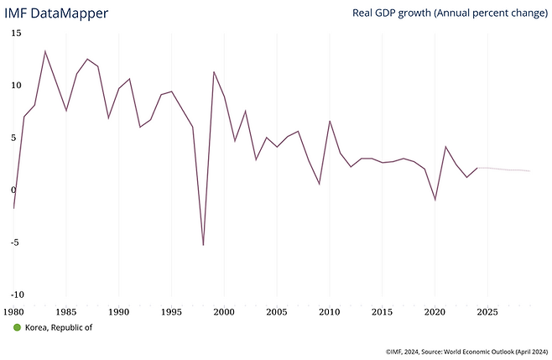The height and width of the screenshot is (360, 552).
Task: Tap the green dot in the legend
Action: tap(17, 327)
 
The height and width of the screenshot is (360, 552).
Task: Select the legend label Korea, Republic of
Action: tap(59, 327)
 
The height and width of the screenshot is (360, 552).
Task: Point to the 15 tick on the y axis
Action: tap(17, 33)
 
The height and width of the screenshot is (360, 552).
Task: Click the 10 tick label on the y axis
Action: tap(17, 85)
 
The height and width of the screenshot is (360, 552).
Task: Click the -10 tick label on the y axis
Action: tap(17, 295)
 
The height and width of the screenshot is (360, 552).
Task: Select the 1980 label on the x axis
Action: tap(13, 311)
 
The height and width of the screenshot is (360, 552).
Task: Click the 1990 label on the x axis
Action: tap(119, 311)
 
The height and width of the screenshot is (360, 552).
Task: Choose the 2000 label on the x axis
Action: tap(224, 311)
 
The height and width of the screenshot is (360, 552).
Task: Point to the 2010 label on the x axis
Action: tap(329, 311)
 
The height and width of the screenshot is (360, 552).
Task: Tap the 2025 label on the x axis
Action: tap(487, 311)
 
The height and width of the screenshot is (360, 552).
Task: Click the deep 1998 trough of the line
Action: tap(203, 245)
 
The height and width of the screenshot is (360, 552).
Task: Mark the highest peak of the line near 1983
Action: tap(45, 51)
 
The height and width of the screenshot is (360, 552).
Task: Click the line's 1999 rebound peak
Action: tap(214, 72)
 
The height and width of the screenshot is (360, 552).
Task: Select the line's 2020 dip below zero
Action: tap(435, 200)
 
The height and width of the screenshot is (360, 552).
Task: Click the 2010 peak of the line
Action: tap(330, 121)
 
